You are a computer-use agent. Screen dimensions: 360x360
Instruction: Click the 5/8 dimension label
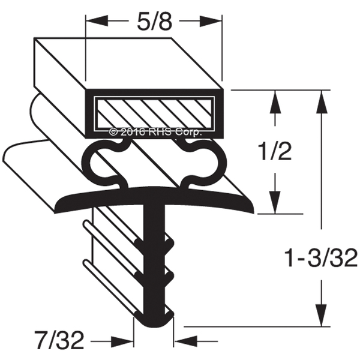click(x=154, y=22)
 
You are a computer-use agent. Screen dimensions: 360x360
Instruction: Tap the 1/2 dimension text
click(x=275, y=152)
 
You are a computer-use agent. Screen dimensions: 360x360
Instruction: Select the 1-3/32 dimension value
click(x=321, y=259)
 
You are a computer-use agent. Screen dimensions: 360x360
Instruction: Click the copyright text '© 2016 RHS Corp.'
click(x=155, y=132)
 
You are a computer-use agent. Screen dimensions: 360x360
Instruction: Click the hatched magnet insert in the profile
click(x=155, y=113)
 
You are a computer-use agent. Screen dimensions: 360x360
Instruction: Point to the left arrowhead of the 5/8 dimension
click(x=97, y=21)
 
